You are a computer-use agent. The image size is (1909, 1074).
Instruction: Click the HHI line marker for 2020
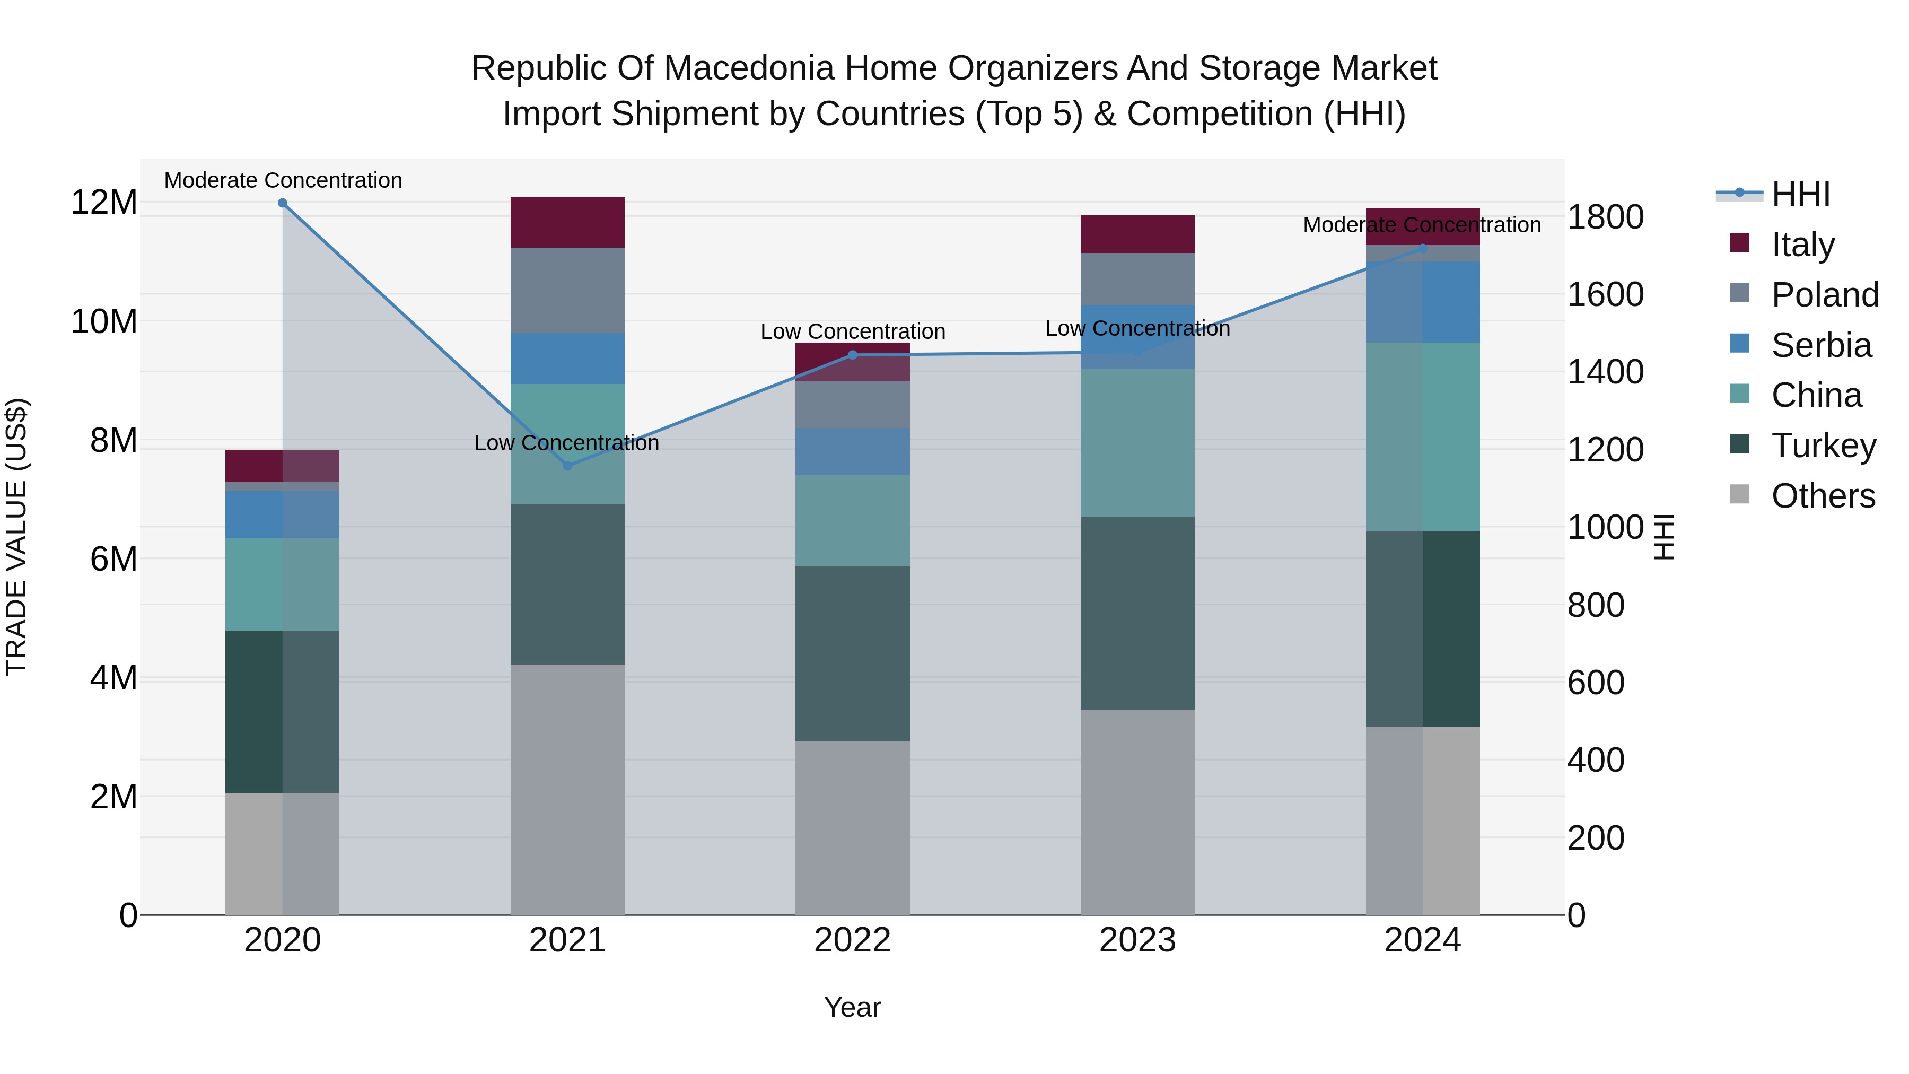(x=282, y=203)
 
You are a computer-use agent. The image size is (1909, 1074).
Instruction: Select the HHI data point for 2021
(x=567, y=466)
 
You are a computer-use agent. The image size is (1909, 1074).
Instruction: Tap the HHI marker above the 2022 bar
(x=852, y=355)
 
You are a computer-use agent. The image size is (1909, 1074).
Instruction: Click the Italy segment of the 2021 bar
(x=567, y=222)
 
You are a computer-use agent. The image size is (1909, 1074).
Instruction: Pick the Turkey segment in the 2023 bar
(x=1137, y=613)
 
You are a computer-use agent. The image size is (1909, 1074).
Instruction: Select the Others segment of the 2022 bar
(x=852, y=828)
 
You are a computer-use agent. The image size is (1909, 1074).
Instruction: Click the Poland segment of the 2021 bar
(x=567, y=291)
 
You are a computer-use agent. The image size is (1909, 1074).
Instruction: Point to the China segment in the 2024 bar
(x=1422, y=436)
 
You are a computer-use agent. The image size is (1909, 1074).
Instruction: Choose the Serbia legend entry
(x=1821, y=345)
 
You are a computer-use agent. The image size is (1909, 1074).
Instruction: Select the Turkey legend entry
(x=1823, y=446)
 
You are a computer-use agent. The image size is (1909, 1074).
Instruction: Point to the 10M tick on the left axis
(x=104, y=322)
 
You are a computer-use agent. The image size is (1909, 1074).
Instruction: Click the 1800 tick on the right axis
(x=1605, y=217)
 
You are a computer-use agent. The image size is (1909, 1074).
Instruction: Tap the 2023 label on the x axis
(x=1137, y=940)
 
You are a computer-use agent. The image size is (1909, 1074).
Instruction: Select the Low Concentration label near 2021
(x=566, y=442)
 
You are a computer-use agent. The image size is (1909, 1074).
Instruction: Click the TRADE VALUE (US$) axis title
(x=16, y=537)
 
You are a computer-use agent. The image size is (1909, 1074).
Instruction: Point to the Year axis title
(x=852, y=1007)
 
